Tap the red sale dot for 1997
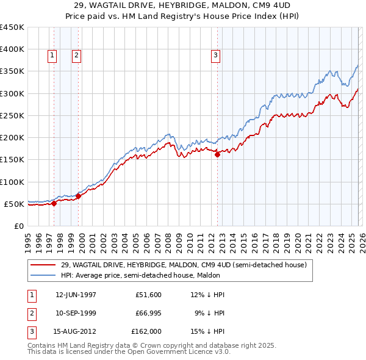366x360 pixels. click(x=54, y=203)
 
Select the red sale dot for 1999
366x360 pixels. click(x=78, y=196)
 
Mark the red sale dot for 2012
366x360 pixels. click(x=217, y=154)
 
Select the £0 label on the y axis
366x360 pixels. click(x=18, y=226)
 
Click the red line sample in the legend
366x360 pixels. click(x=44, y=265)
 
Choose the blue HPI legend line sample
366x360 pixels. click(x=44, y=275)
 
